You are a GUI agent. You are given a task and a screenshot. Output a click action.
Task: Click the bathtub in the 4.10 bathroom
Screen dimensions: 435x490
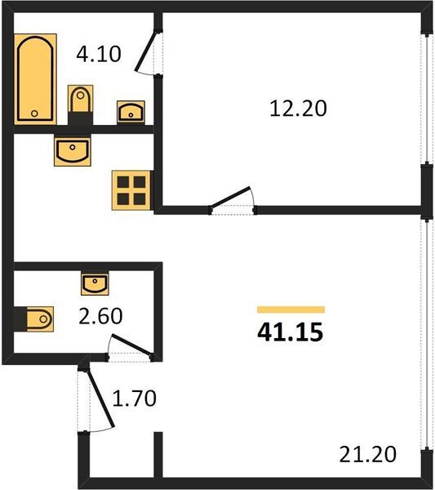35,79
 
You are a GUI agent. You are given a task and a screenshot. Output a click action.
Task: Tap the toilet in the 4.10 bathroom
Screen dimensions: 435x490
81,105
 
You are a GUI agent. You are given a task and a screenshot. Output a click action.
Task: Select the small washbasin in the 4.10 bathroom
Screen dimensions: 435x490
131,112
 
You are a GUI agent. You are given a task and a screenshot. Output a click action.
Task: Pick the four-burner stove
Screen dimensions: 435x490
131,190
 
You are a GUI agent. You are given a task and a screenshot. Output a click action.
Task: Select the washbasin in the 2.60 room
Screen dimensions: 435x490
95,283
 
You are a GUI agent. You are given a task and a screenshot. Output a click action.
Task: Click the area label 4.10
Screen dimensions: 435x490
99,54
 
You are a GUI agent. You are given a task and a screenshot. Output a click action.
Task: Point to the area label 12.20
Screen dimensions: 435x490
298,109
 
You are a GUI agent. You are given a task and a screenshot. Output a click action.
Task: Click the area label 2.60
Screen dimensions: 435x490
100,315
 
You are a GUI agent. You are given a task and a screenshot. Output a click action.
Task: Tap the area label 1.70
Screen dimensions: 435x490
135,399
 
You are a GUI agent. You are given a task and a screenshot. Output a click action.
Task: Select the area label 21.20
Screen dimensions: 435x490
368,454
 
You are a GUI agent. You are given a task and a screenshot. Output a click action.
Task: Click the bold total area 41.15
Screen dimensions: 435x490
290,332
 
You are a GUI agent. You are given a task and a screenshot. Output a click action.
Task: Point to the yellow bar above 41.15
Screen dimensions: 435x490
291,310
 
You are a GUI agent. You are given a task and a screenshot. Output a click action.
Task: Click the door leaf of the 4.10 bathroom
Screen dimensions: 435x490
145,51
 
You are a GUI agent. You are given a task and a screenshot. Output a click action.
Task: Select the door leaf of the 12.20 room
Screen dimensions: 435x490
230,197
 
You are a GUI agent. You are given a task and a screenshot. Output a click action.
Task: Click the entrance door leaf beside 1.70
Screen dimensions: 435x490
100,397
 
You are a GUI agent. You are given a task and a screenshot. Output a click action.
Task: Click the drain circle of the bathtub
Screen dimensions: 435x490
34,114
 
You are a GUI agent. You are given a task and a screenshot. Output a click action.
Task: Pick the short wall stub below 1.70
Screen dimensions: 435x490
158,455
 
